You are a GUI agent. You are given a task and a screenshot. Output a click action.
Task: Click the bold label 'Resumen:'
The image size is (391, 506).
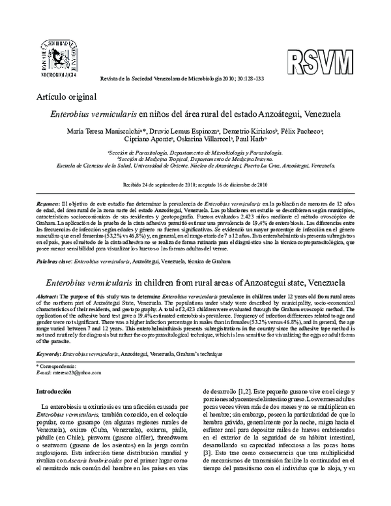[48, 204]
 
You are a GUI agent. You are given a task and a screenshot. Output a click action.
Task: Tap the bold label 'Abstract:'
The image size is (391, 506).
[48, 296]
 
